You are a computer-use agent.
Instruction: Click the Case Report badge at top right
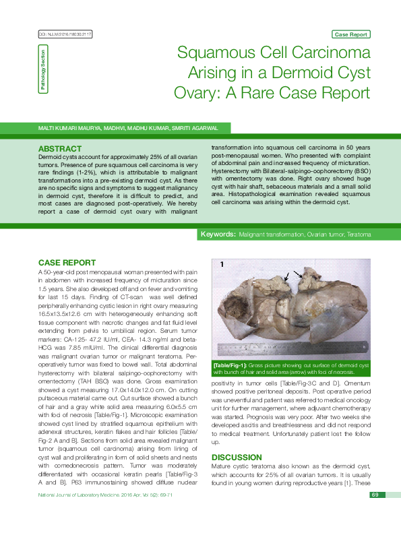click(350, 34)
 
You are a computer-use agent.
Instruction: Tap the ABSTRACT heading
click(61, 148)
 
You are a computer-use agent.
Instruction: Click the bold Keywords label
click(218, 234)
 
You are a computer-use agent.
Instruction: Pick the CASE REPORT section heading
click(67, 262)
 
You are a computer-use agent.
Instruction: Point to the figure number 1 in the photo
click(220, 265)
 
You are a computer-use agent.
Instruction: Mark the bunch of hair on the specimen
click(307, 280)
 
